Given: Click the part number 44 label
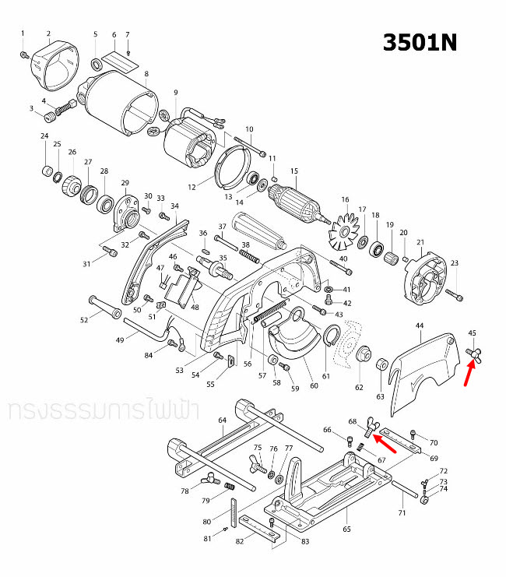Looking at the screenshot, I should click(x=420, y=325).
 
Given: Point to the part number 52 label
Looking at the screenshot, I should click(x=84, y=320).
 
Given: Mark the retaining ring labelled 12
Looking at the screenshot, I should click(x=227, y=167).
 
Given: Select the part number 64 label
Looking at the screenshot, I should click(x=222, y=421).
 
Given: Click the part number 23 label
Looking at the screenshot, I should click(x=455, y=263).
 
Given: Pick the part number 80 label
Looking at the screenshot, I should click(x=206, y=522).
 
